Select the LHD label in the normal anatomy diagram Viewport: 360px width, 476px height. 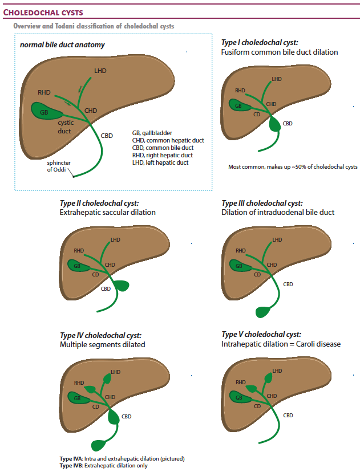[x=100, y=70]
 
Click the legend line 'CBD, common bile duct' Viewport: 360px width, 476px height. [x=163, y=148]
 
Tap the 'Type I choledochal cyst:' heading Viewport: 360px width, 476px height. [x=260, y=43]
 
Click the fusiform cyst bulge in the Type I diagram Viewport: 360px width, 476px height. [x=276, y=123]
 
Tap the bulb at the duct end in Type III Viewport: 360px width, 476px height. [x=264, y=311]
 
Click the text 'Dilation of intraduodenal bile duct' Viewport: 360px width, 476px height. [x=278, y=213]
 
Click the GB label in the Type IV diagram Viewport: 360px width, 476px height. [x=77, y=397]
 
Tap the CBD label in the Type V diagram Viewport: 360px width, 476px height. [x=288, y=415]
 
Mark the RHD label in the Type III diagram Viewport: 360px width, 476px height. [x=240, y=250]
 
